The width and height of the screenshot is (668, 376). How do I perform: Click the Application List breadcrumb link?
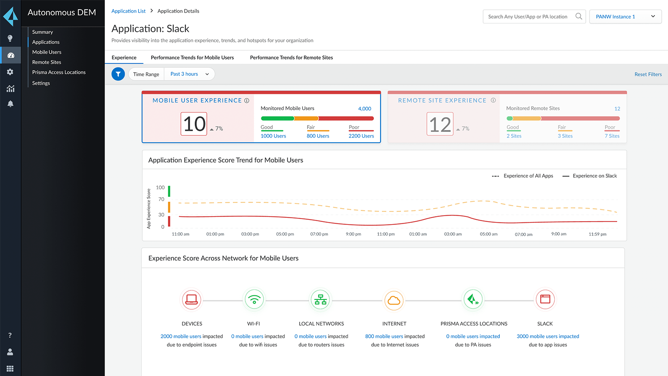pyautogui.click(x=128, y=11)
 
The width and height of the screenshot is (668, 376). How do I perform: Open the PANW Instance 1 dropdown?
pyautogui.click(x=625, y=16)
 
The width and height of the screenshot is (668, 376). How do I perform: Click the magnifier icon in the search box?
pyautogui.click(x=579, y=16)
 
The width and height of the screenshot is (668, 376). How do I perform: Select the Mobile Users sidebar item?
pyautogui.click(x=47, y=52)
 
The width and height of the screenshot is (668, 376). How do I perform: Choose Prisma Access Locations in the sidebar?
pyautogui.click(x=59, y=72)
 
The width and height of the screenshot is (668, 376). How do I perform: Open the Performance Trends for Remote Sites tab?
pyautogui.click(x=291, y=57)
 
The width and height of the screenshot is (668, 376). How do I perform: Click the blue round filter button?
pyautogui.click(x=118, y=74)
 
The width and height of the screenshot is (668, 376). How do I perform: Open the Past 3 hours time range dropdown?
pyautogui.click(x=189, y=74)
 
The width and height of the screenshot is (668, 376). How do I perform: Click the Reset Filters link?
pyautogui.click(x=648, y=74)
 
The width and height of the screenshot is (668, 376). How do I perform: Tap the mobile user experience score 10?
pyautogui.click(x=194, y=124)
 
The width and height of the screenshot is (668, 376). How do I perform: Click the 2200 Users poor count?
pyautogui.click(x=361, y=136)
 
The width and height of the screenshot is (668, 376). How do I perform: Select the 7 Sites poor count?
pyautogui.click(x=612, y=136)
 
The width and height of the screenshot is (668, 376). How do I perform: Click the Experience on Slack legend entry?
pyautogui.click(x=594, y=176)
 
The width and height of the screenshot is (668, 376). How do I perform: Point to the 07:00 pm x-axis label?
pyautogui.click(x=319, y=234)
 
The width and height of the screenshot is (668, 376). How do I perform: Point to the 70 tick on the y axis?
pyautogui.click(x=161, y=199)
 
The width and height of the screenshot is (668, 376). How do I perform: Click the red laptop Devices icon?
pyautogui.click(x=192, y=300)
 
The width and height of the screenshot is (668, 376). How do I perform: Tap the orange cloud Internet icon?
pyautogui.click(x=394, y=300)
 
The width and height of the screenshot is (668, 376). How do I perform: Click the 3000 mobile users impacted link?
pyautogui.click(x=548, y=336)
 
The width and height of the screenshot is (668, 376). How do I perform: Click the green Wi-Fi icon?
pyautogui.click(x=254, y=300)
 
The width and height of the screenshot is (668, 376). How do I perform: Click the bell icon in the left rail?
pyautogui.click(x=10, y=104)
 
